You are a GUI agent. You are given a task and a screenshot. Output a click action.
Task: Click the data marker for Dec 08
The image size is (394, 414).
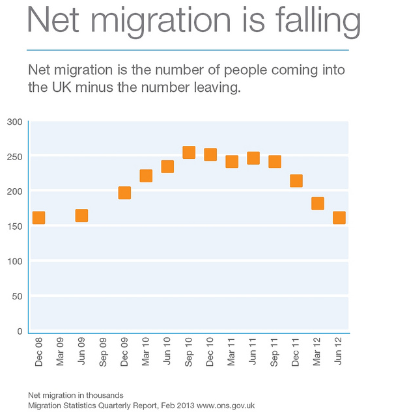(38, 217)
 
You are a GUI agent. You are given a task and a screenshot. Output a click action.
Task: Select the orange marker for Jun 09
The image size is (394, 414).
(81, 215)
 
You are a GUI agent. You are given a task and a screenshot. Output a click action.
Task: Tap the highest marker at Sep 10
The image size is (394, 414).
(189, 152)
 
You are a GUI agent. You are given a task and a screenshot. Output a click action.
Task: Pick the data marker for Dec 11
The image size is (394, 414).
(296, 180)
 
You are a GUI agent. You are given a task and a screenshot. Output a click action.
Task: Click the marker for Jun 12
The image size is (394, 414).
(339, 217)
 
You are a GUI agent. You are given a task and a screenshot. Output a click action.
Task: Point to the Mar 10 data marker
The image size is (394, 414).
(146, 176)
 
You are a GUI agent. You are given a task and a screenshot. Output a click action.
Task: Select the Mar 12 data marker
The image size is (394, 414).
(317, 203)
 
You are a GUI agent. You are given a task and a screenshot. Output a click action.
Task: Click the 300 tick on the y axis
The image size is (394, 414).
(14, 122)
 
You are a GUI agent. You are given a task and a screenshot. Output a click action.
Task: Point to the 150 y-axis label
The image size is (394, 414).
(14, 227)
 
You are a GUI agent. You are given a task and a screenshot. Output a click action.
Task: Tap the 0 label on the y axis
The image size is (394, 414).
(20, 331)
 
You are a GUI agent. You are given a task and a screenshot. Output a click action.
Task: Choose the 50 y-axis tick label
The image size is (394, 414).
(17, 296)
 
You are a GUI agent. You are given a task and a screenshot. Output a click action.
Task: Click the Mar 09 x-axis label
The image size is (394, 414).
(60, 352)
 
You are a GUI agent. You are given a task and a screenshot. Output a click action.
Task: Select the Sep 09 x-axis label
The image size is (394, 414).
(103, 352)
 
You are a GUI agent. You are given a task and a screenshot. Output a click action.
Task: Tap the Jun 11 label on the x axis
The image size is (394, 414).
(253, 352)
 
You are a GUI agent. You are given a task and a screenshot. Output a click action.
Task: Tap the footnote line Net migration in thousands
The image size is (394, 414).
(76, 395)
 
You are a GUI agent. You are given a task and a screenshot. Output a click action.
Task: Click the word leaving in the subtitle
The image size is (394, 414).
(216, 88)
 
